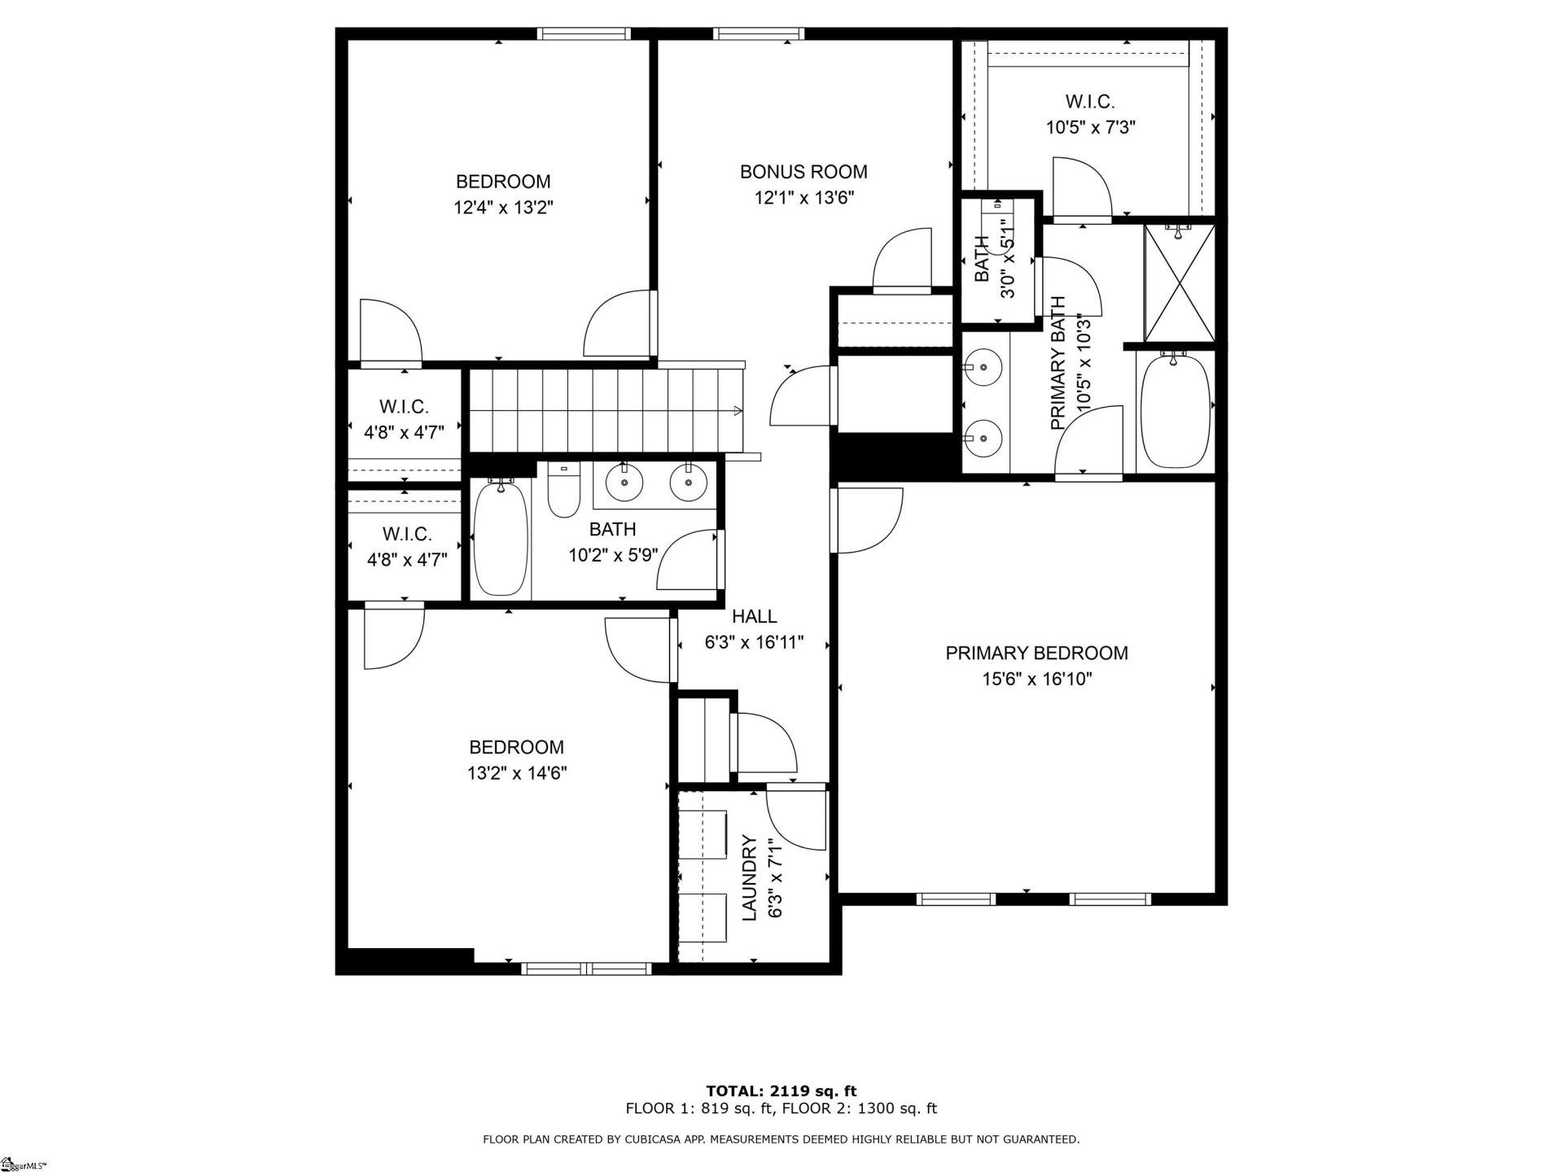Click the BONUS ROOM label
(803, 172)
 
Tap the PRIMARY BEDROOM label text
(1036, 653)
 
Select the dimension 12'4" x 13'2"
(503, 208)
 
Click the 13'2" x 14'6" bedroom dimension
(517, 772)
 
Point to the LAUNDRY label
(750, 878)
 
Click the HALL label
(754, 616)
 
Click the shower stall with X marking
(1180, 283)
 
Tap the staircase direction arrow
(738, 411)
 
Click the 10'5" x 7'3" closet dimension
(1090, 128)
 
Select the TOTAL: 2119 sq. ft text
(781, 1091)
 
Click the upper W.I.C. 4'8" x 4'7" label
(404, 419)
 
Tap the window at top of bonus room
(759, 33)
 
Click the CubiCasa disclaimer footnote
(781, 1139)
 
